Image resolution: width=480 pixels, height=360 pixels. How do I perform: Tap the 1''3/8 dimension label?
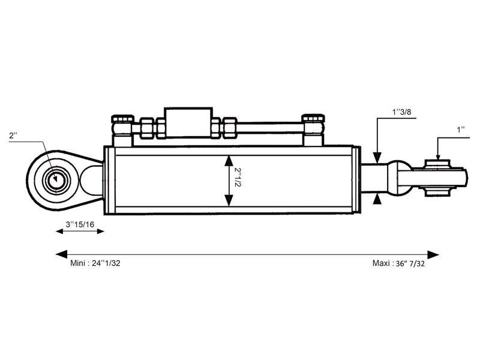click(x=401, y=112)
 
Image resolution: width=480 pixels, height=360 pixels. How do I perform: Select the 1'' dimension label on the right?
click(x=461, y=130)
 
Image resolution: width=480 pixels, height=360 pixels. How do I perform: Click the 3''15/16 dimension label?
click(x=80, y=224)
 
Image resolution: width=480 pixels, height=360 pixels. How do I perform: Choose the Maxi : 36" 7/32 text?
click(x=398, y=263)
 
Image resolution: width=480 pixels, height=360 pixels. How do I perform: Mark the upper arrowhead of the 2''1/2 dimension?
click(x=228, y=159)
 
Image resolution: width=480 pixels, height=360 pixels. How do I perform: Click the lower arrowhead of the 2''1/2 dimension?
click(x=228, y=201)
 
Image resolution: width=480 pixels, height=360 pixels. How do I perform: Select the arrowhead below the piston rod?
click(x=377, y=200)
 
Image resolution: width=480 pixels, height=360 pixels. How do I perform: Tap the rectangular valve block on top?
click(x=188, y=123)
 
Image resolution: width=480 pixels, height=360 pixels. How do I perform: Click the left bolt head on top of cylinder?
click(x=122, y=119)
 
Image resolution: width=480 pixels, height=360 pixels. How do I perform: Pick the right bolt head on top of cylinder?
click(x=313, y=119)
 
